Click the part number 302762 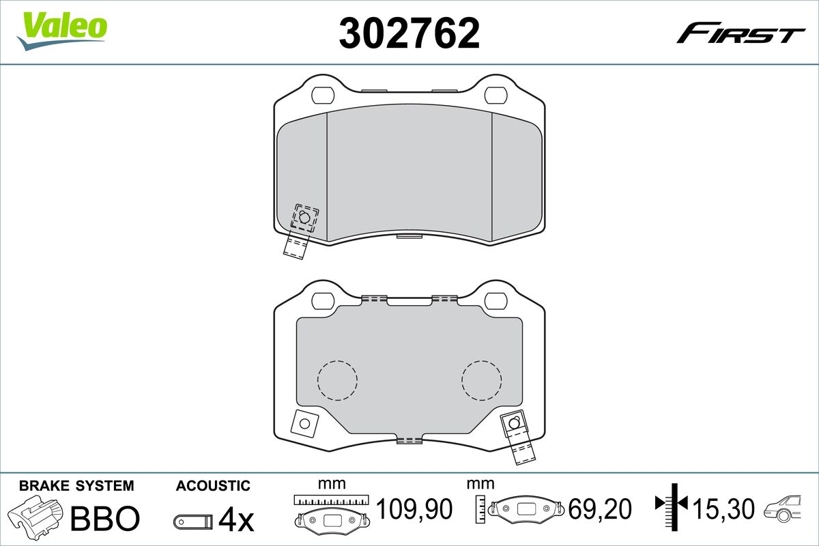409,33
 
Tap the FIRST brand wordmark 741,33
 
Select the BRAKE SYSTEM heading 76,486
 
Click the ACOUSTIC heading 213,486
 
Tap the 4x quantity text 236,520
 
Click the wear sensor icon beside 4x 193,521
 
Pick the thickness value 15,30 723,509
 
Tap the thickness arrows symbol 672,505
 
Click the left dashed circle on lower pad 337,379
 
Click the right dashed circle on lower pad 482,379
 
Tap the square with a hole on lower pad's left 304,423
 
